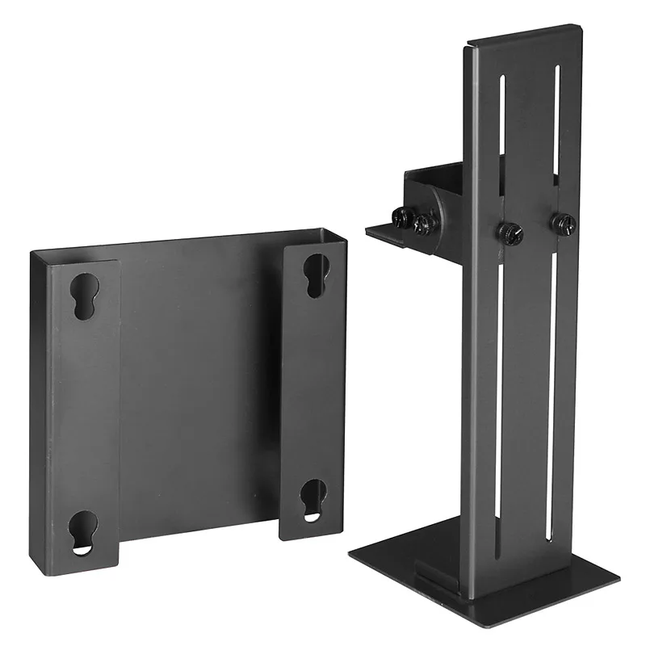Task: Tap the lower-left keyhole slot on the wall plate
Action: click(x=82, y=534)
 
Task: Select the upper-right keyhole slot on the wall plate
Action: click(x=315, y=275)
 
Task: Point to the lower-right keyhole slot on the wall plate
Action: click(x=313, y=498)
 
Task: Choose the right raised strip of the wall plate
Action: click(x=313, y=388)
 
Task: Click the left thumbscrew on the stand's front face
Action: click(x=510, y=233)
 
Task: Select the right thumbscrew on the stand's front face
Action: click(x=562, y=220)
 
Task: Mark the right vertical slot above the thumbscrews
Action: click(x=556, y=129)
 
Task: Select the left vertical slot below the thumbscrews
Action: click(x=500, y=388)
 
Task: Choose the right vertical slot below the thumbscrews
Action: click(x=552, y=380)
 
